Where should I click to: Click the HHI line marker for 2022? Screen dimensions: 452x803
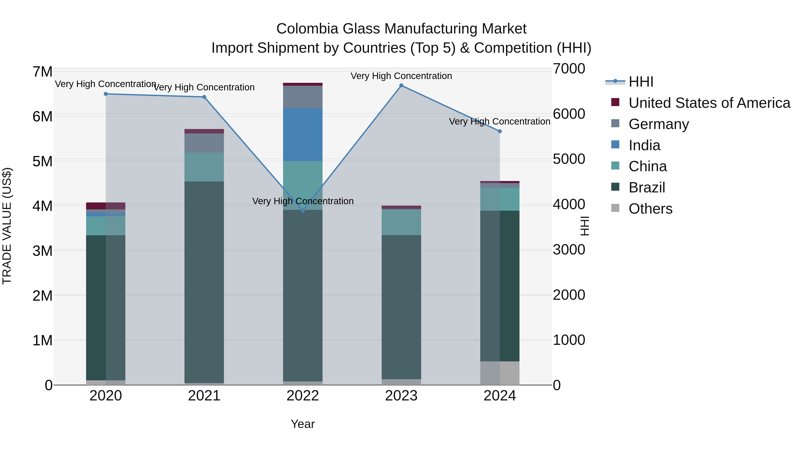point(303,211)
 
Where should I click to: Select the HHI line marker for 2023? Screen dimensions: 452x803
point(401,85)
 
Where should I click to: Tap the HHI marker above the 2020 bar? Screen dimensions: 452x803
point(106,94)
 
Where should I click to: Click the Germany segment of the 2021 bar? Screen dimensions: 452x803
point(204,143)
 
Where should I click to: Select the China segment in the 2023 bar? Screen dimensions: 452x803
point(401,222)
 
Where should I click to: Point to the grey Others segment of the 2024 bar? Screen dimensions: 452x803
point(500,373)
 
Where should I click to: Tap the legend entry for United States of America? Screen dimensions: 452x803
point(709,103)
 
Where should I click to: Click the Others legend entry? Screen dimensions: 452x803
point(650,209)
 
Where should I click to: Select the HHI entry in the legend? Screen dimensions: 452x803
point(641,82)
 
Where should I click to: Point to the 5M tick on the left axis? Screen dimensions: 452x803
point(42,162)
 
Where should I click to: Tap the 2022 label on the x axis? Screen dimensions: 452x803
point(303,396)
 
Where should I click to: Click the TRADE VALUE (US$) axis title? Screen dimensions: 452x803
point(7,226)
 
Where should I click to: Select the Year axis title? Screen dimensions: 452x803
point(303,424)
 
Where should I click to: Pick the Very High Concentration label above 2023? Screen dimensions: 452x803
point(401,76)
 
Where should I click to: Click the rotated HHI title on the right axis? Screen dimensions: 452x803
point(585,226)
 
